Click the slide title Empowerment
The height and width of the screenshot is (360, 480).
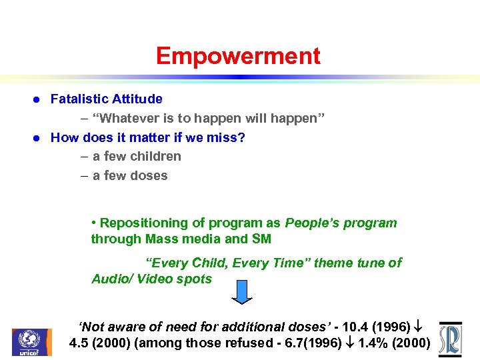click(238, 56)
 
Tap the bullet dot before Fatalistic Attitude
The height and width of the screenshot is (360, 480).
click(37, 100)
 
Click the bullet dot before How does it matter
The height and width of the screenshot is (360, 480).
click(37, 138)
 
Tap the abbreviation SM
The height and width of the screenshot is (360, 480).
click(261, 239)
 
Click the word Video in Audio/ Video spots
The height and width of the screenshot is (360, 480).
click(156, 279)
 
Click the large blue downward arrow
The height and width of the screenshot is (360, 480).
click(243, 291)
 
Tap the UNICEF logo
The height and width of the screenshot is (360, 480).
click(31, 342)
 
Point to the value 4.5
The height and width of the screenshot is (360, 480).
click(80, 344)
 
